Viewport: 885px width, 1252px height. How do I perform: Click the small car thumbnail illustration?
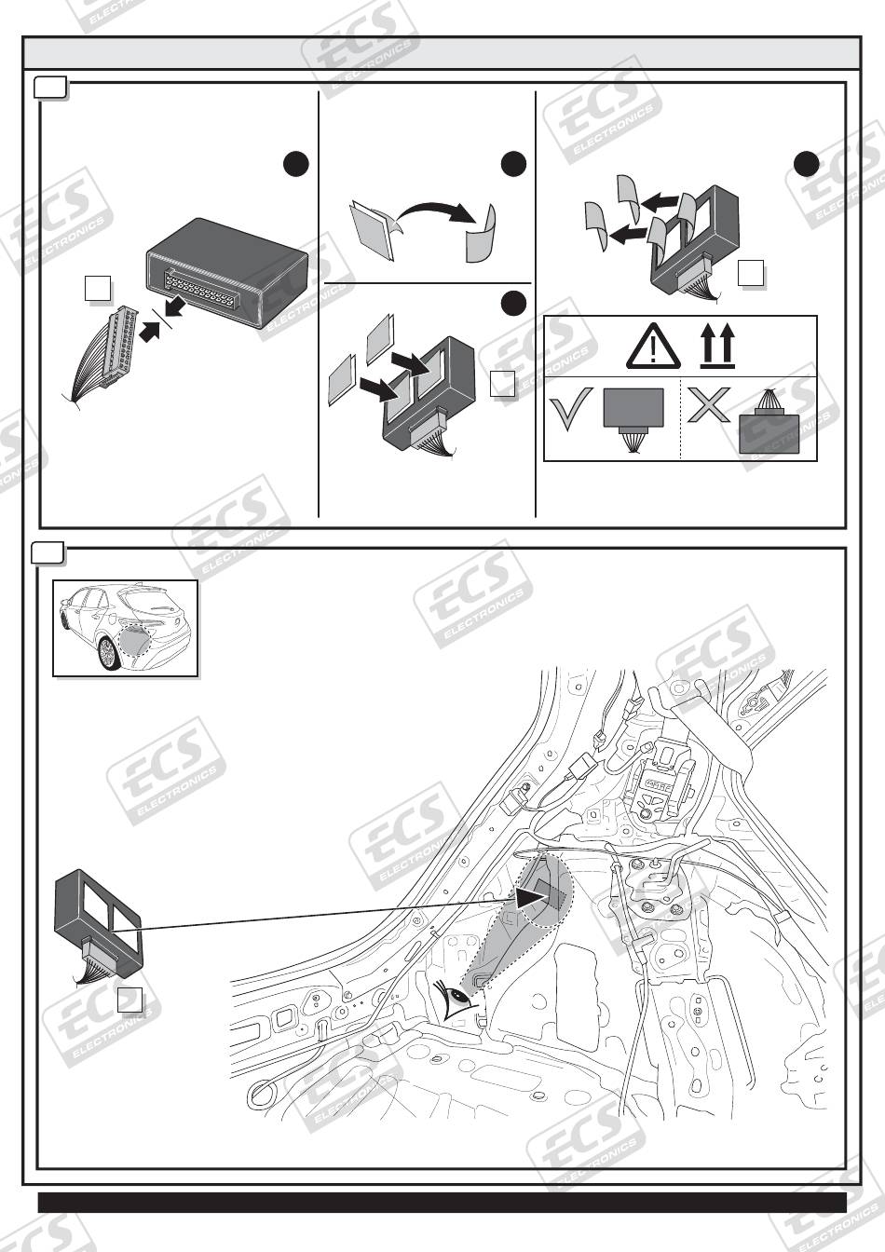pos(125,627)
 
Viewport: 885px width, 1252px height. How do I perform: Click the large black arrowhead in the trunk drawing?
pos(534,896)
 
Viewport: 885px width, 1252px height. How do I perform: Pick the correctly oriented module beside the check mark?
pos(633,416)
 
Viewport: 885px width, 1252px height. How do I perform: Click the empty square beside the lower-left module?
pos(130,1000)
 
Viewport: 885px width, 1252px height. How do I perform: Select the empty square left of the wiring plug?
pos(98,289)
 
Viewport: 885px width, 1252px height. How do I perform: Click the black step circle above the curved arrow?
pos(513,165)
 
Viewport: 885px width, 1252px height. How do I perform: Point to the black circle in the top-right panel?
pos(807,165)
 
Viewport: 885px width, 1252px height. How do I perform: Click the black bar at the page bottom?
pos(442,1203)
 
